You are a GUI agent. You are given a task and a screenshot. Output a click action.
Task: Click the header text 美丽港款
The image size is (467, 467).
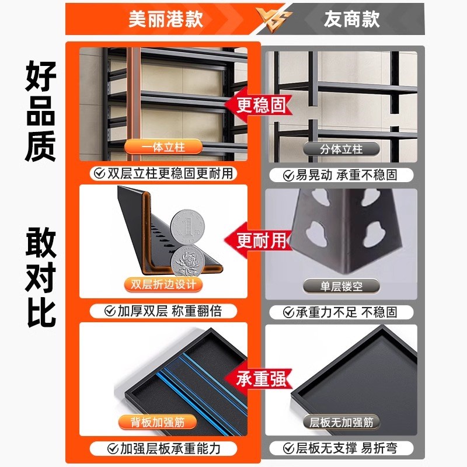pos(165,19)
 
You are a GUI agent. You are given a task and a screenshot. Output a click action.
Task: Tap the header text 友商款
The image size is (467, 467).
pos(352,19)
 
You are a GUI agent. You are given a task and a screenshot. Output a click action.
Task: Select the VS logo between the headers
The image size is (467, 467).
pos(261,20)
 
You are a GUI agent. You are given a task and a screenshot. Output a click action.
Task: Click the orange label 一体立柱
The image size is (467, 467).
pos(163,147)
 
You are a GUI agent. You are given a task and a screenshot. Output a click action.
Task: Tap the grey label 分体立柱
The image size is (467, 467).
pos(341,149)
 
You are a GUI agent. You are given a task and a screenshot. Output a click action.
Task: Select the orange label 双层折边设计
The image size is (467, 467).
pos(163,285)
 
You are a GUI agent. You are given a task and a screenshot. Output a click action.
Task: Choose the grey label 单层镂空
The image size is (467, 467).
pos(341,286)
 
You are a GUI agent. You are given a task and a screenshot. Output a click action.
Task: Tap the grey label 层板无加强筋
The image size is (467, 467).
pos(341,421)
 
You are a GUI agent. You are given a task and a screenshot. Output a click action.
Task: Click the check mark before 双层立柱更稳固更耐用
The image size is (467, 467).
pos(97,173)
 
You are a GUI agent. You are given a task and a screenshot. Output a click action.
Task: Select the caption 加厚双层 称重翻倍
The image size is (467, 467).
pos(169,311)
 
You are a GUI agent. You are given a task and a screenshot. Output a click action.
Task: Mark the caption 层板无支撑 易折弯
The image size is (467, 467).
pos(347,448)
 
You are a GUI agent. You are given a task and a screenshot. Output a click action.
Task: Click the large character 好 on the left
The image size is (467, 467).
pos(40,76)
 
